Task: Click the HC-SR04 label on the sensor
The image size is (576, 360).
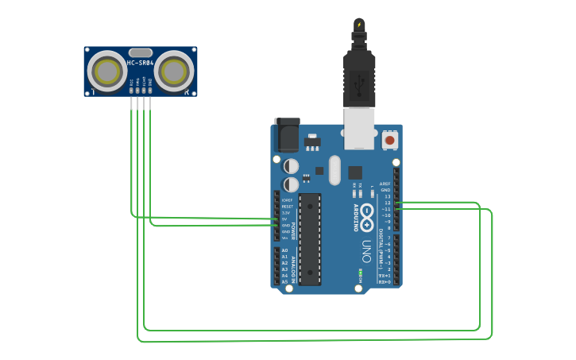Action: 141,63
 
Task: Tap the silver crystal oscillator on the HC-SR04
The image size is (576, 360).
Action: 140,52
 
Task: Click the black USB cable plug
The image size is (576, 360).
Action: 359,79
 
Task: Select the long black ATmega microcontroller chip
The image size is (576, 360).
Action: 310,238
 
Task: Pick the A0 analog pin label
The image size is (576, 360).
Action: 284,250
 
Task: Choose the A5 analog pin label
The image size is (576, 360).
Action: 284,282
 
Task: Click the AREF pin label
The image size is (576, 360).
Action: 385,184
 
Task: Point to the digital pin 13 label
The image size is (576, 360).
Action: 387,196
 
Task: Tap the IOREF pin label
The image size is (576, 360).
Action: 287,200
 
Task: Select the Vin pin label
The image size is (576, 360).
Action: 285,238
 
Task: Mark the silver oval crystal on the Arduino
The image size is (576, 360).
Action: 334,170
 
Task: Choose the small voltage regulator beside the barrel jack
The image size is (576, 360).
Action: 311,142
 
